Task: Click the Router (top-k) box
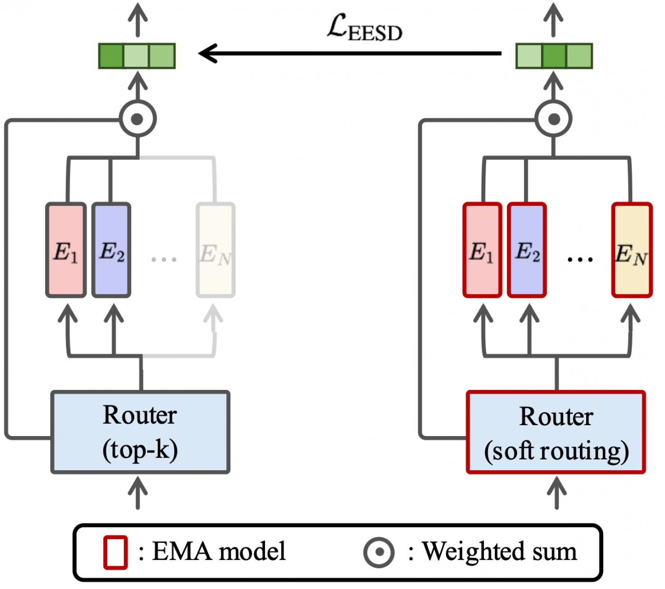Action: tap(140, 432)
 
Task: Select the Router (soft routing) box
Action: tap(556, 432)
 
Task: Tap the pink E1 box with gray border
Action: tap(66, 250)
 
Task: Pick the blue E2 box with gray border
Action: tap(111, 250)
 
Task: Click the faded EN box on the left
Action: tap(216, 250)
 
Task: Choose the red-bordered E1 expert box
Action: tap(482, 250)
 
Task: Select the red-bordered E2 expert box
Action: tap(527, 250)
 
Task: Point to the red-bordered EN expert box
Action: tap(632, 250)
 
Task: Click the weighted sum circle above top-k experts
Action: tap(138, 119)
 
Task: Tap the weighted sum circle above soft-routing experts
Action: tap(553, 119)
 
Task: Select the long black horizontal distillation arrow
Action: tap(350, 53)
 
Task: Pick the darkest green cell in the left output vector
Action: tap(111, 56)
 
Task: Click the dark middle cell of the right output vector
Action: tap(554, 56)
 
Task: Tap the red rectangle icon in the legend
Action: tap(115, 552)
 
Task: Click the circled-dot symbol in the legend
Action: tap(379, 552)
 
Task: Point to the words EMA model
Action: tap(219, 551)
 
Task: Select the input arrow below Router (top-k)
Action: tap(138, 493)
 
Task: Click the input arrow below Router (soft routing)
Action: tap(557, 493)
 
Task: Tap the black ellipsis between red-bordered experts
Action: tap(580, 260)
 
